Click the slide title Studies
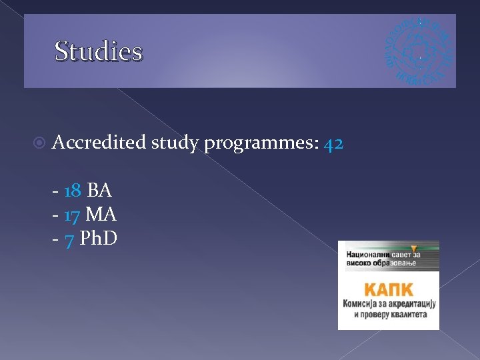(98, 51)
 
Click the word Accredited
(99, 142)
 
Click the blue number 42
(333, 143)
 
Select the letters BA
(99, 191)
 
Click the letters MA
(101, 215)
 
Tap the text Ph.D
(98, 239)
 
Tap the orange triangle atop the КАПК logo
(414, 247)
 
